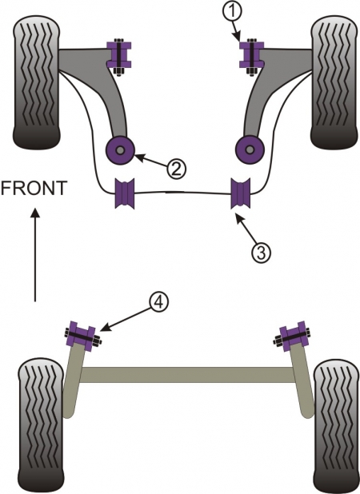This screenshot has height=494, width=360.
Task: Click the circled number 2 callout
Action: coord(177,169)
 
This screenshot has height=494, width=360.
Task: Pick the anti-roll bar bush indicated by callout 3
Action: coord(242,194)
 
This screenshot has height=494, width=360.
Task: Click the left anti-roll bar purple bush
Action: coord(126,194)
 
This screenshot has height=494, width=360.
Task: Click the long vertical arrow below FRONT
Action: coord(35,256)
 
